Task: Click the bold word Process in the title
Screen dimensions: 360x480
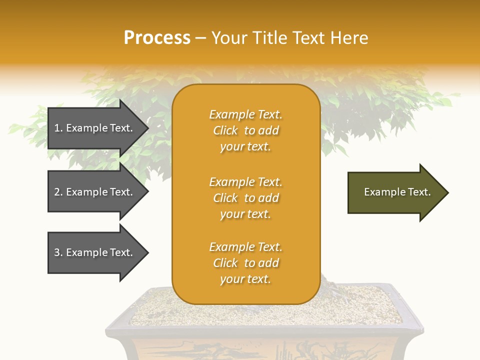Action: point(157,37)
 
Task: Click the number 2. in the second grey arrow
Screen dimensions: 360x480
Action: point(58,192)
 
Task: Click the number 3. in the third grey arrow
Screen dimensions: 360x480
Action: point(58,252)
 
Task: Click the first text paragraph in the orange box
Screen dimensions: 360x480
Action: point(245,130)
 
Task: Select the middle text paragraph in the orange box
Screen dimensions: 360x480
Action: point(245,198)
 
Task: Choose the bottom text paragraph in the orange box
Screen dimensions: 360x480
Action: point(245,263)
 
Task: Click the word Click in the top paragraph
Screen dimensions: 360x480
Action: point(225,130)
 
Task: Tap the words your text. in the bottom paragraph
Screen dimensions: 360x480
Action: point(245,279)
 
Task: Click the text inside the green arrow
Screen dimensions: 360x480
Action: point(397,192)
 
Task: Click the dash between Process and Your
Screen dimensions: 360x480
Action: point(200,38)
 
